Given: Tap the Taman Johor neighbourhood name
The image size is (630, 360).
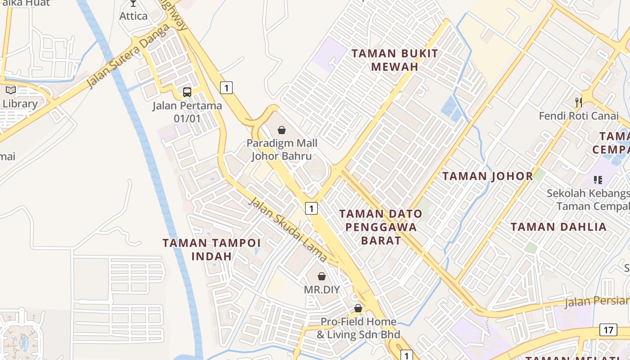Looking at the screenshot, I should click(488, 176).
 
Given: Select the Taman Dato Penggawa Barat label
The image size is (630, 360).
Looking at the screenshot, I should click(381, 227).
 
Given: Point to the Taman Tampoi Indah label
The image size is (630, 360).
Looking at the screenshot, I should click(211, 249).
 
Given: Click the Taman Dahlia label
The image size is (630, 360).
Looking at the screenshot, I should click(558, 227).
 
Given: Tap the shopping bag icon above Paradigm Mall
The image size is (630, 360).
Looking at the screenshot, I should click(282, 130).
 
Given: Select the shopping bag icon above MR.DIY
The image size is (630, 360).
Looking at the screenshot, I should click(322, 276).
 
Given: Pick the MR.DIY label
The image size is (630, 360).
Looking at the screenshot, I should click(322, 289).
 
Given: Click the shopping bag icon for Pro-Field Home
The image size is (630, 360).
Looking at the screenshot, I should click(358, 308).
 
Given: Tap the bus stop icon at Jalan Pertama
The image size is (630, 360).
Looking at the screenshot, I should click(187, 92).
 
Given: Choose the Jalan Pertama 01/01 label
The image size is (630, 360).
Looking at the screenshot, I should click(187, 112).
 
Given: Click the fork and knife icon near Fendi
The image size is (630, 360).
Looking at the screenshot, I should click(579, 102).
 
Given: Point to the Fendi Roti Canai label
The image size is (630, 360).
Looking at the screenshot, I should click(579, 116).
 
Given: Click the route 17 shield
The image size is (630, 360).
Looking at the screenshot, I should click(608, 330).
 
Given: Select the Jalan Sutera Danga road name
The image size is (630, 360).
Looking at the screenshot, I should click(128, 56).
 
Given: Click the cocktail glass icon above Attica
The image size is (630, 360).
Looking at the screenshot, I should click(133, 3).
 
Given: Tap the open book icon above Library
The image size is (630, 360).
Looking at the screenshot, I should click(11, 90).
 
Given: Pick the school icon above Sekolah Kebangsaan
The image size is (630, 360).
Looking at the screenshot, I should click(598, 180).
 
